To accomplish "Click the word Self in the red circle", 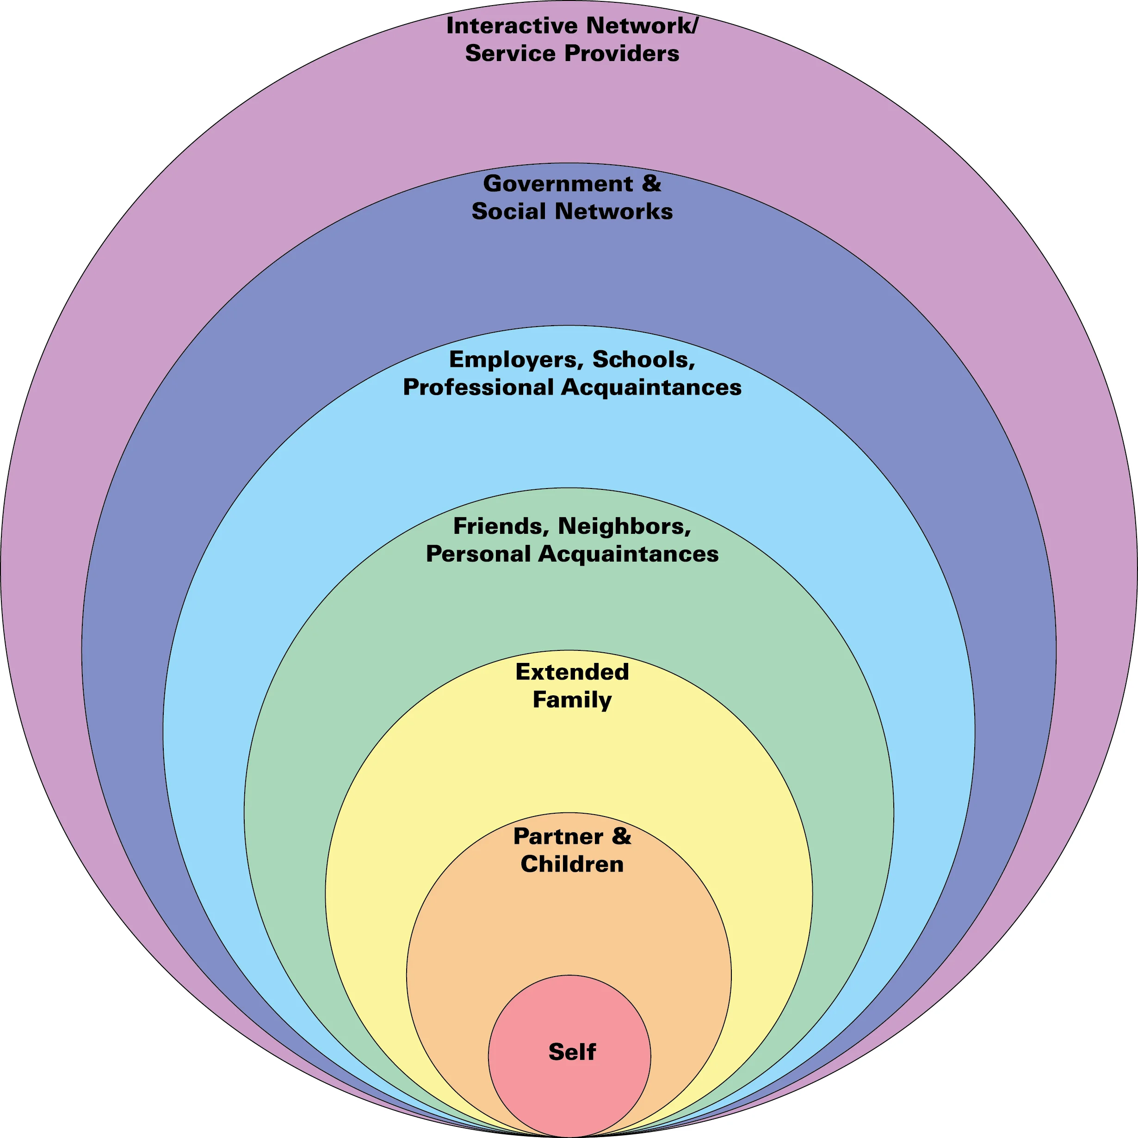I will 571,1052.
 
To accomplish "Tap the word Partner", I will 558,836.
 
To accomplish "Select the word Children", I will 571,864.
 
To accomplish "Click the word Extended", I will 571,672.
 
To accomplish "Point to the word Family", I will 571,700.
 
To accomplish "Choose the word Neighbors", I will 624,526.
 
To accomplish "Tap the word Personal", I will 478,554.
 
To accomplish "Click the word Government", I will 557,184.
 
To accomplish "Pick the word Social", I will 508,211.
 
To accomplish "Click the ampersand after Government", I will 651,183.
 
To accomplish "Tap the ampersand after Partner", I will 621,836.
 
